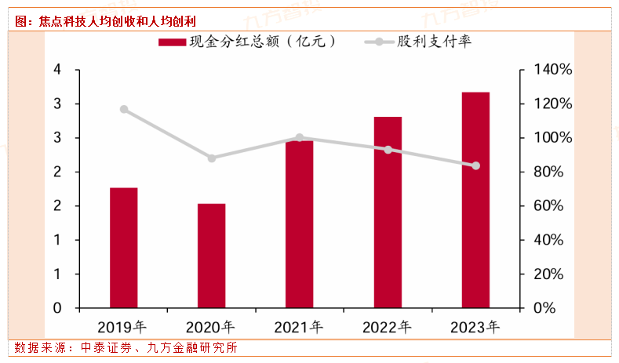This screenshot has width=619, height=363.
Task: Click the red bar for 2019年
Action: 123,247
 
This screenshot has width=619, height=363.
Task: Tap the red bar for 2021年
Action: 299,223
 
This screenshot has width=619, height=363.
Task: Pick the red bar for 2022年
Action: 388,212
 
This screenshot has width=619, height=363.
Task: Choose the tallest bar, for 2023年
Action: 475,200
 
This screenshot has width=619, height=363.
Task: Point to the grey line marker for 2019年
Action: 123,109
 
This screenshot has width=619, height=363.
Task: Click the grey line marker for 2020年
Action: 211,158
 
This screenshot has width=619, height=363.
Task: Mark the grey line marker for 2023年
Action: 475,165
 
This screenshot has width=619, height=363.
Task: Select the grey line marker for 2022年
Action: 388,149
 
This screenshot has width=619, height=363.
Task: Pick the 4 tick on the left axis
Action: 56,70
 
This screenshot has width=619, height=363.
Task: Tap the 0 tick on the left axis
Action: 56,308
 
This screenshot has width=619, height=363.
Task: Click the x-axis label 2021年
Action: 299,326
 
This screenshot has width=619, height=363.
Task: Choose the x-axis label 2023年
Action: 475,326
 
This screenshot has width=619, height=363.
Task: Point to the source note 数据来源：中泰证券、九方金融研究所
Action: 126,347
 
